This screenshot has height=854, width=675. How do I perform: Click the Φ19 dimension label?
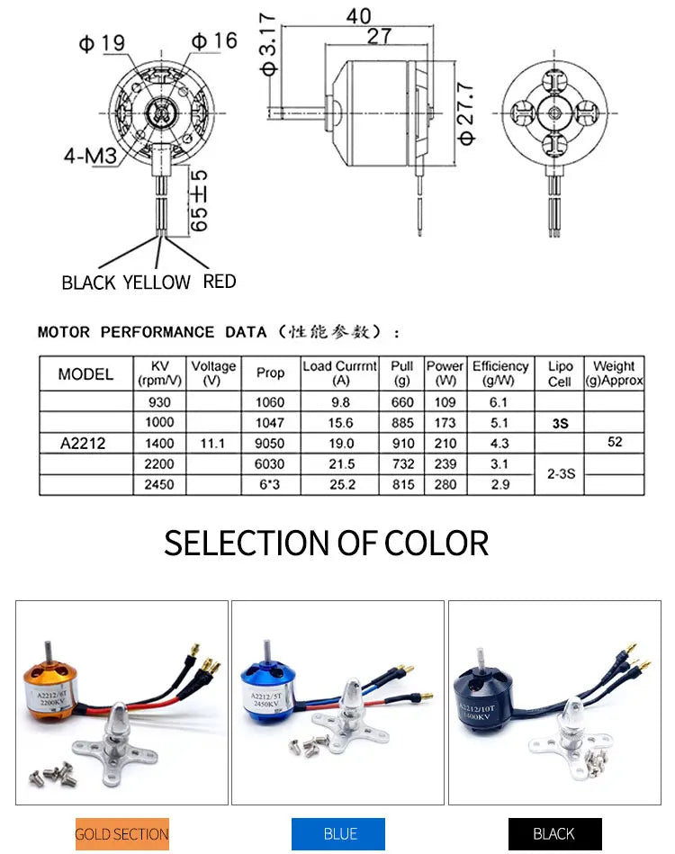tap(101, 41)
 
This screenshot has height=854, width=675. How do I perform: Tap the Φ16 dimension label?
tap(213, 40)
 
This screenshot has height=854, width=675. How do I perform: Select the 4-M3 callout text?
tap(89, 156)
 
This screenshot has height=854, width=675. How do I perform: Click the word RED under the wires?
tap(220, 282)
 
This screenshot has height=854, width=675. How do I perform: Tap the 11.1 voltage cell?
tap(213, 444)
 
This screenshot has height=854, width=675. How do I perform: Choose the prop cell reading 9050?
tap(270, 444)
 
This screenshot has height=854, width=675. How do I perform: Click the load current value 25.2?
tap(342, 485)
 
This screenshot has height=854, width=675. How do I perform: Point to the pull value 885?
tap(402, 423)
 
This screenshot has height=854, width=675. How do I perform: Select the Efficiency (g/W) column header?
tap(499, 373)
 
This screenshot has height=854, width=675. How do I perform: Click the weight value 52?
tap(614, 443)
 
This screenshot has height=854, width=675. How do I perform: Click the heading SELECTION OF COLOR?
tap(326, 544)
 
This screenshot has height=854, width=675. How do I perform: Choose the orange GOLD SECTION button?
tap(121, 834)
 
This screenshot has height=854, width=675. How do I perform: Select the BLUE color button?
tap(338, 834)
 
